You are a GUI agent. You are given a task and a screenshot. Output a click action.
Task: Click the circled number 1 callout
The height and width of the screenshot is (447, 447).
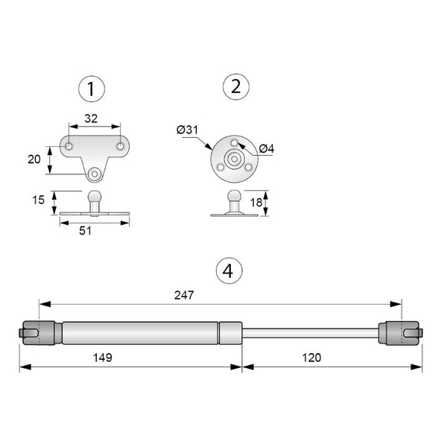90,90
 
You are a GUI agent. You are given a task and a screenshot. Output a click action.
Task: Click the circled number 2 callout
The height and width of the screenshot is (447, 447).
235,87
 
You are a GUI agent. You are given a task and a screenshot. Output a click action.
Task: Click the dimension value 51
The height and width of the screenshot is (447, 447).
85,231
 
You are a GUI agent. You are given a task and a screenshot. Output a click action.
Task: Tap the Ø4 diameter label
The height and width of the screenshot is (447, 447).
267,149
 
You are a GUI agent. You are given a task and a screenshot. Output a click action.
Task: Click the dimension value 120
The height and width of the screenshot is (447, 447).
312,358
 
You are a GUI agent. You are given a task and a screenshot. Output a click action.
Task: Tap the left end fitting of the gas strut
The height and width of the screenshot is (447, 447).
37,332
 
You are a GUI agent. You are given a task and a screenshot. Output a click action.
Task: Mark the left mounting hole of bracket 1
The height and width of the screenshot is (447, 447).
69,146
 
